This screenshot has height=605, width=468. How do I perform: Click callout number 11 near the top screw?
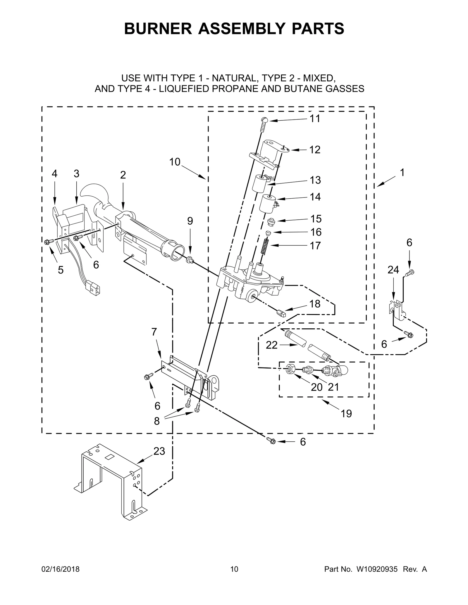tap(315, 119)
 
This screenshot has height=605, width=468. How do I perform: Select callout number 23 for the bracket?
tap(159, 451)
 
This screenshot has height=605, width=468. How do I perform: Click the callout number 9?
tap(190, 221)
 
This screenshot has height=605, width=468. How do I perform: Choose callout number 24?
tap(393, 270)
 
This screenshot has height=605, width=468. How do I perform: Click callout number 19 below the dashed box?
tap(346, 413)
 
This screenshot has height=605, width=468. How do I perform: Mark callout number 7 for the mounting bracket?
tap(154, 332)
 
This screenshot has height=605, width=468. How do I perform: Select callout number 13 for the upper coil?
tap(315, 180)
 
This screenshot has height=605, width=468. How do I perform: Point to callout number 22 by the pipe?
tap(271, 345)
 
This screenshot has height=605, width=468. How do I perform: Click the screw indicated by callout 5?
tap(48, 241)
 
